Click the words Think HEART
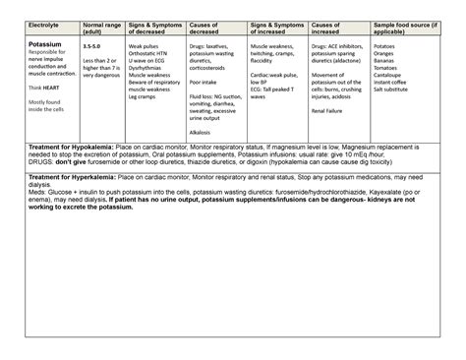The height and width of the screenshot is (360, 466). [42, 87]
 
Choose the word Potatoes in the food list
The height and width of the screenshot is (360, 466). [387, 45]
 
